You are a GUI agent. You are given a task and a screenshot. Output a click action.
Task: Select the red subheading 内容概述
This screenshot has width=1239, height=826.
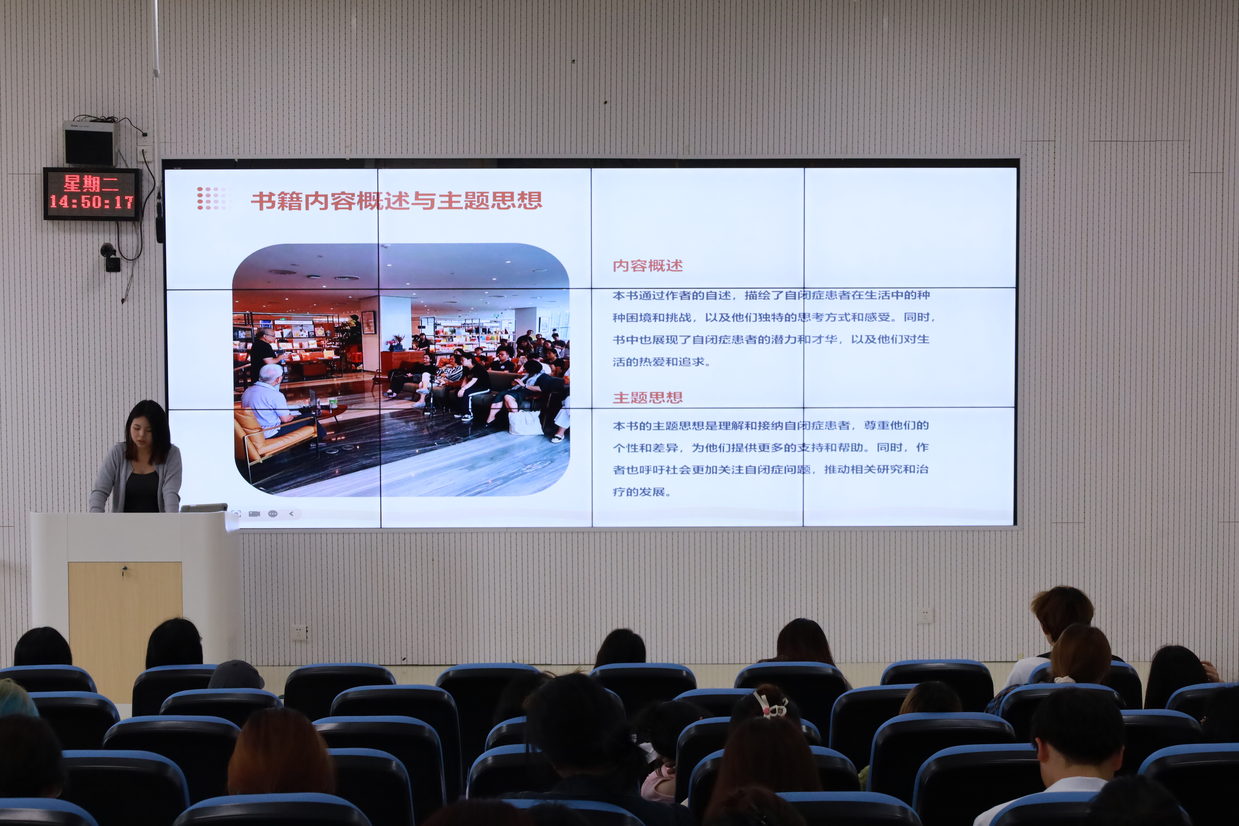pyautogui.click(x=647, y=265)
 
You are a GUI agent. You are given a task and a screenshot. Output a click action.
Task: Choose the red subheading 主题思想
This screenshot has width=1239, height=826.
pyautogui.click(x=647, y=398)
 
